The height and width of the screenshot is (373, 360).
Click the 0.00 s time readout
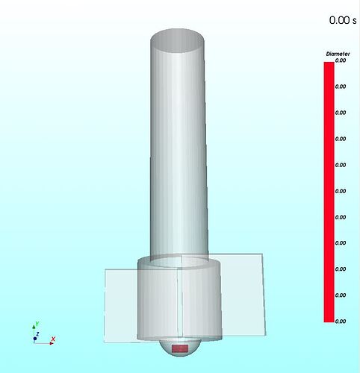click(343, 20)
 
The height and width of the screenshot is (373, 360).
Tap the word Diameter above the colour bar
click(338, 54)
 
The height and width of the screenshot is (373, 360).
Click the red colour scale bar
click(329, 192)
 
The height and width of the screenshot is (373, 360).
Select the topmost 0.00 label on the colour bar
click(341, 60)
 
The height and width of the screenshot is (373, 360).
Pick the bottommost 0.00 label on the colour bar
click(341, 322)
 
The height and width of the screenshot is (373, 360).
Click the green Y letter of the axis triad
click(37, 324)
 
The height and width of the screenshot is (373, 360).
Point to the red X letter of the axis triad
click(53, 339)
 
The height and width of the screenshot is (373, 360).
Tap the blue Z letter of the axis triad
click(37, 334)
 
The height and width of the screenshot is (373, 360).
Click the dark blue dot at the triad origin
click(35, 339)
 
